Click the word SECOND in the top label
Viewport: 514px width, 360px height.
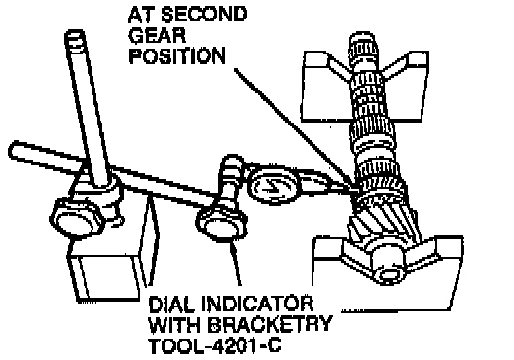(203, 15)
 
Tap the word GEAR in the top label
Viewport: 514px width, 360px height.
(158, 35)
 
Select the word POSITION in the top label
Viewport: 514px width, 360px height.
(177, 56)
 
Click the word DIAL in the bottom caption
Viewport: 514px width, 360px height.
(171, 305)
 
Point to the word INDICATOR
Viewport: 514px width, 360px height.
(257, 305)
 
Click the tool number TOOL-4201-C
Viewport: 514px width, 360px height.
(215, 344)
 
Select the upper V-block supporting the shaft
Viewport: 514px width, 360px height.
(364, 87)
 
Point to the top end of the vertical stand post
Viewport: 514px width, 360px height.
(75, 34)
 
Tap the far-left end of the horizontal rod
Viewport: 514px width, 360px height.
(13, 150)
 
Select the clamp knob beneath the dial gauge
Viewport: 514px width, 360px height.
(222, 223)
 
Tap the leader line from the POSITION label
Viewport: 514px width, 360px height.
(293, 128)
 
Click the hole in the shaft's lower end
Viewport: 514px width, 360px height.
(389, 274)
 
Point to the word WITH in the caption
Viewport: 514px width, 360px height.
(174, 324)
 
